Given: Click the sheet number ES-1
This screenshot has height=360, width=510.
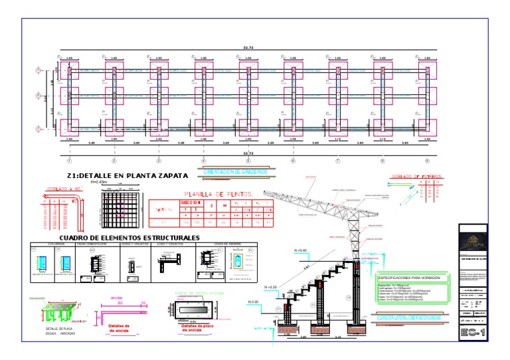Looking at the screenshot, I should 471,331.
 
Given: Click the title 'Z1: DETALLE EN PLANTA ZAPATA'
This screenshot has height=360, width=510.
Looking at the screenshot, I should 127,175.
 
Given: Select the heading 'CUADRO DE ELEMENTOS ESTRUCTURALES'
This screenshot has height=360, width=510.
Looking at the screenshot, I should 129,237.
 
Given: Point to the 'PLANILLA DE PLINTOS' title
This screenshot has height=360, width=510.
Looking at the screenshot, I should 218,195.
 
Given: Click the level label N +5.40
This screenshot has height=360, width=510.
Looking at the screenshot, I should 300,250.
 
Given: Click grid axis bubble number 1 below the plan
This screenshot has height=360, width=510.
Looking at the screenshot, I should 69,161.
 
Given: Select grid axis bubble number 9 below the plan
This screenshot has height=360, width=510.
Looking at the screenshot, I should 426,161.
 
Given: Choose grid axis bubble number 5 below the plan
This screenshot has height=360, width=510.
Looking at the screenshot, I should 248,161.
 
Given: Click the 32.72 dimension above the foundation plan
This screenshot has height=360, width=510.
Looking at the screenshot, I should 248,48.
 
